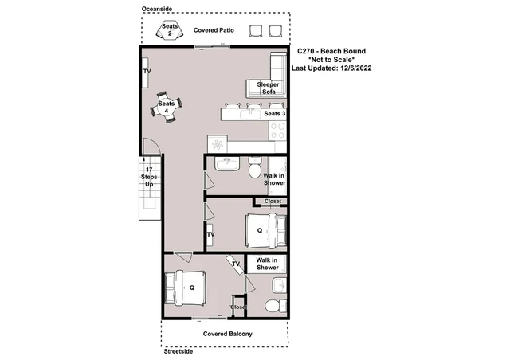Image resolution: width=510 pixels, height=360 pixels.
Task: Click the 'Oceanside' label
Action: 157,9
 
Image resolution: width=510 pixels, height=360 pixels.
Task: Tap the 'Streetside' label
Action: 178,351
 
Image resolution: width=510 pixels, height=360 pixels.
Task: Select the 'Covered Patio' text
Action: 214,30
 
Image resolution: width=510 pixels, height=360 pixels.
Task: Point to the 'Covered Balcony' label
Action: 228,334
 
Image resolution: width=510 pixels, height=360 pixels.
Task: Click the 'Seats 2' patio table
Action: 170,30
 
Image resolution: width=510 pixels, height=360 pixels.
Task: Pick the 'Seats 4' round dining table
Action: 167,108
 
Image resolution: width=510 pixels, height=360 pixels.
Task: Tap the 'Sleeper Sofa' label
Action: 269,88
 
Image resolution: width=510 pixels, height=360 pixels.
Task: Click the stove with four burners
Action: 277,131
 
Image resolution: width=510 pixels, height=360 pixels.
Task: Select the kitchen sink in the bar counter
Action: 250,114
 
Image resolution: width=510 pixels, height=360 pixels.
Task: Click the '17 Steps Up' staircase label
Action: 149,177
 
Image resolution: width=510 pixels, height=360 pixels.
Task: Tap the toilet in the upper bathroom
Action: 255,167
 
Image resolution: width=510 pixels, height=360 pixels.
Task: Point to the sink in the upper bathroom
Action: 227,163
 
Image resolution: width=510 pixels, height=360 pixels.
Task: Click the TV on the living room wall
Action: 145,72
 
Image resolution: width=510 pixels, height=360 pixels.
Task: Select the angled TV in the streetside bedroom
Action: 235,264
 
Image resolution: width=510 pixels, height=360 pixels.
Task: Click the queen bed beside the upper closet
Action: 266,230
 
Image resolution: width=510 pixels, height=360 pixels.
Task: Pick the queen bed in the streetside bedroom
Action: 185,288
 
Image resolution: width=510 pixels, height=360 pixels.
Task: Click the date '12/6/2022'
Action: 356,68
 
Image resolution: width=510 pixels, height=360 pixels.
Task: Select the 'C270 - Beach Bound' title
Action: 331,51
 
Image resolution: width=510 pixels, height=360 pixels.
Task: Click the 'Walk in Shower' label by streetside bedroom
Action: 267,264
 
